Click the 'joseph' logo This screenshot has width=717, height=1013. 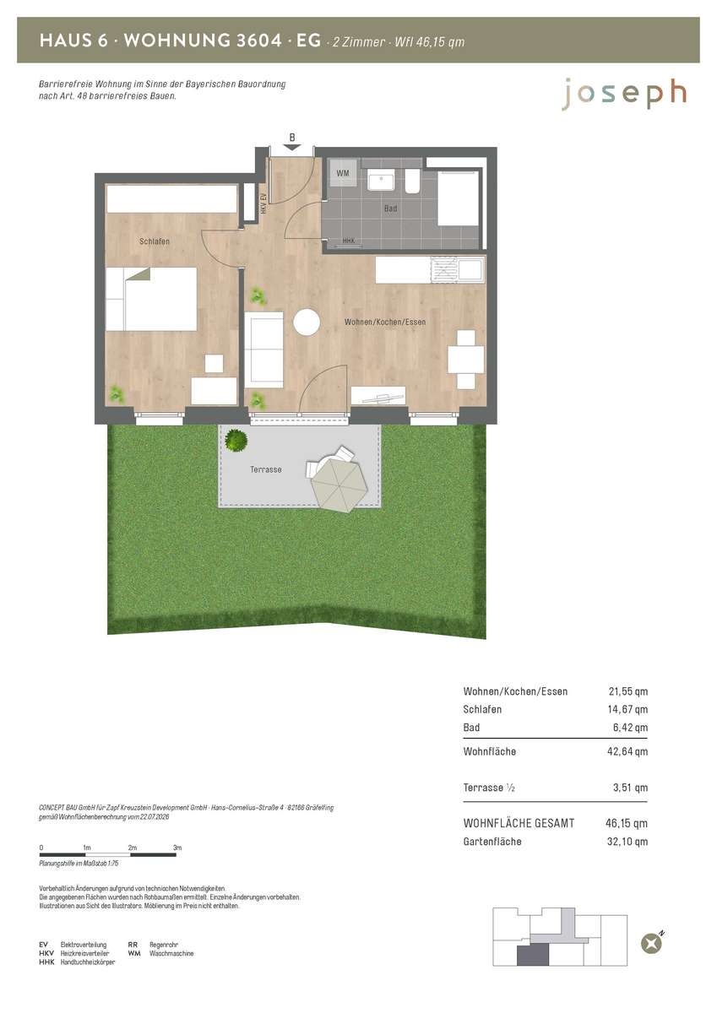pos(624,94)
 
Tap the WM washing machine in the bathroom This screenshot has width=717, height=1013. pos(342,173)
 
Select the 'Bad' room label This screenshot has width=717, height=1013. pos(390,209)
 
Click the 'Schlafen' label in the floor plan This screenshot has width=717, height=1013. pos(155,241)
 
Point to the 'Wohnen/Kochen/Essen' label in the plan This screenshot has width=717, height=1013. pos(385,322)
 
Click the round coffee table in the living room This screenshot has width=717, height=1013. pos(307,322)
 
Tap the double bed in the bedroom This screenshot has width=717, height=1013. pos(151,299)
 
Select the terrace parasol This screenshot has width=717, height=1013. pos(338,483)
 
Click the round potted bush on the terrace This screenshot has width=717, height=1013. pos(236,440)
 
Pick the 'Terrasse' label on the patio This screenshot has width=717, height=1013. pos(266,469)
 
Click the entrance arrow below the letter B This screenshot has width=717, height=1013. pos(292,148)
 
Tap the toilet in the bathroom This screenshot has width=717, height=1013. pos(412,181)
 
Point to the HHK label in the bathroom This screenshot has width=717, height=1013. pos(348,241)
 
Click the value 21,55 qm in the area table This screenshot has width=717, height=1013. pos(627,691)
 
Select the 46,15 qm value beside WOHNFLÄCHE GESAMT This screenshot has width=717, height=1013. pos(627,823)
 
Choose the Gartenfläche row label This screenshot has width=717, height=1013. pos(492,842)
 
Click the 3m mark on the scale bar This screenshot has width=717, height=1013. pos(177,848)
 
